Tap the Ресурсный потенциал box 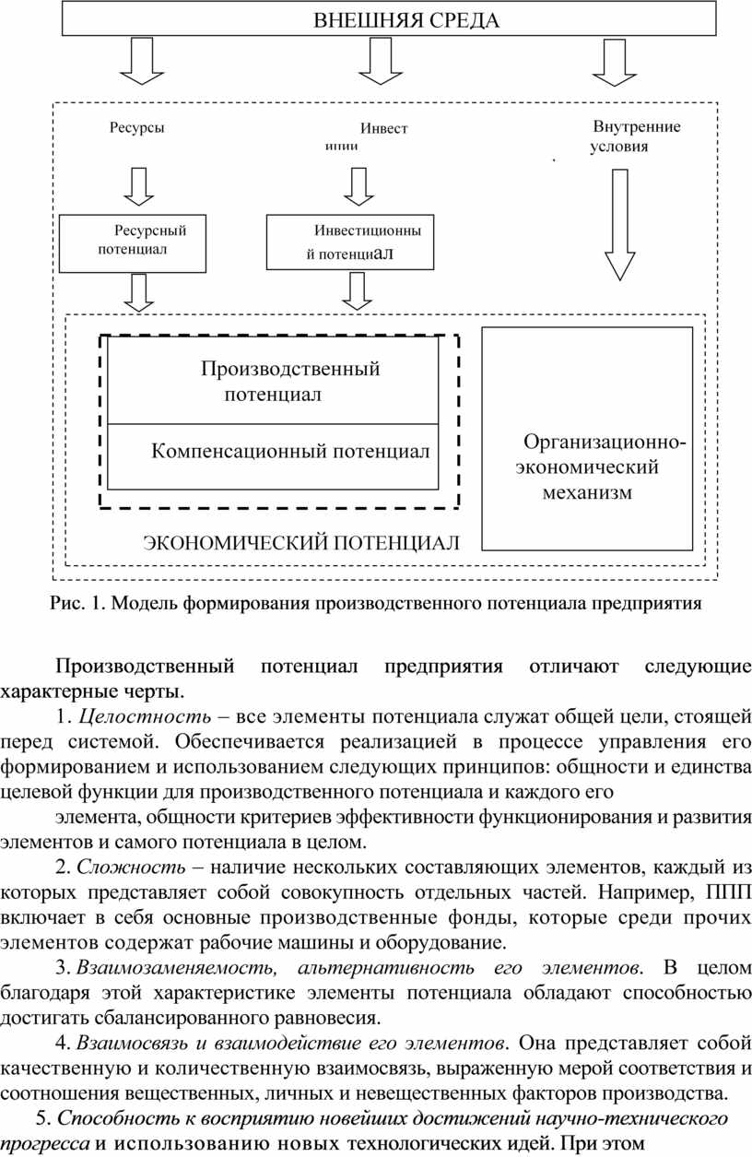(133, 242)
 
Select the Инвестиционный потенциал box (349, 242)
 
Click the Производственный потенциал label (289, 382)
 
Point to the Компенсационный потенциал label (289, 452)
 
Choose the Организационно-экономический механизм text (588, 466)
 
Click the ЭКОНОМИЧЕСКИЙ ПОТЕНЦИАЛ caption (300, 542)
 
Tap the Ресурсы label (137, 128)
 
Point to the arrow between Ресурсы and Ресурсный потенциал (139, 185)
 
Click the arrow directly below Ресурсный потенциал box (139, 292)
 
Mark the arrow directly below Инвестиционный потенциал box (358, 292)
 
